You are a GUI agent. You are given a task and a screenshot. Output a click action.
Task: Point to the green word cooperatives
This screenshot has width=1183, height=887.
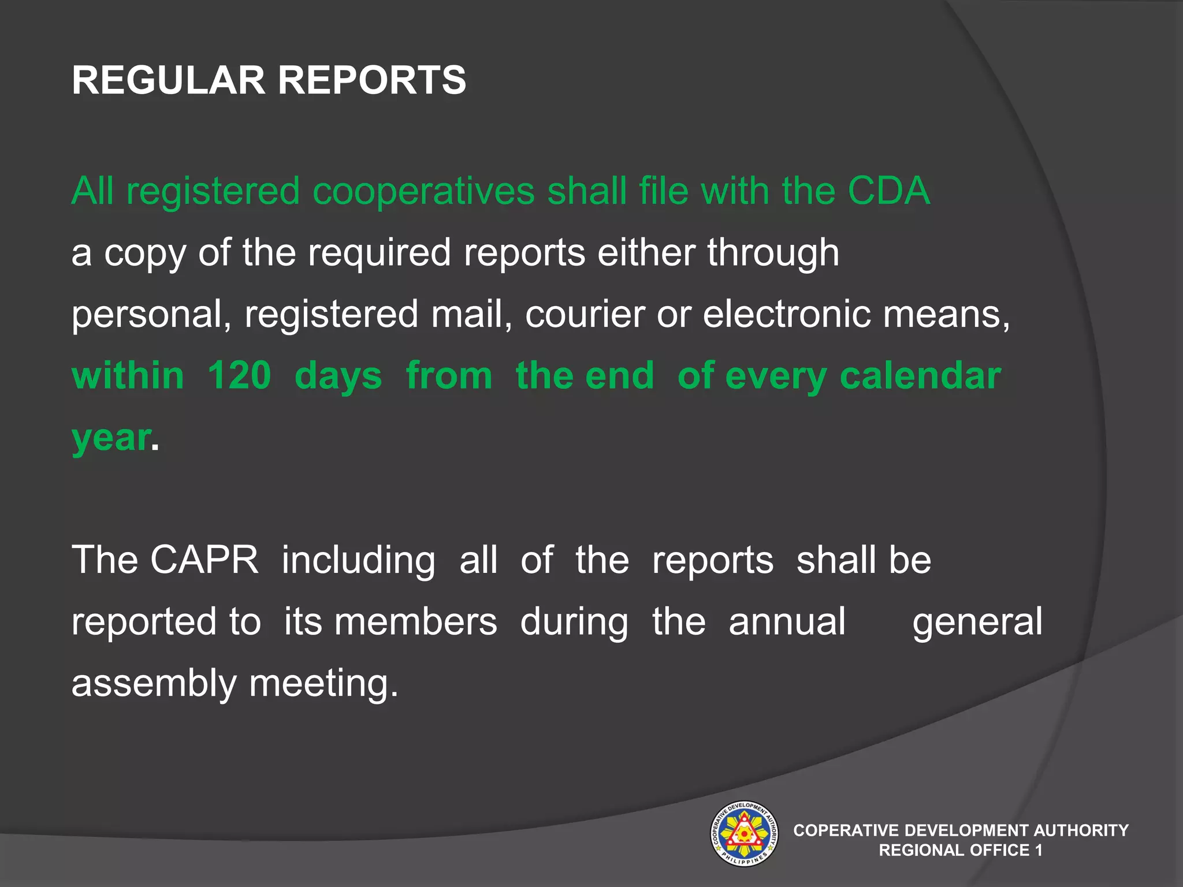pyautogui.click(x=423, y=192)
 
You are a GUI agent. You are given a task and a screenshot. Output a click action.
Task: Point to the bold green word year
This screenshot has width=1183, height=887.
pyautogui.click(x=111, y=438)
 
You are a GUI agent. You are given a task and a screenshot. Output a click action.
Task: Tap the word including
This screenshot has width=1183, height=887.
pyautogui.click(x=358, y=561)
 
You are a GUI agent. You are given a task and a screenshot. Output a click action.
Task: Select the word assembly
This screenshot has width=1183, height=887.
pyautogui.click(x=154, y=683)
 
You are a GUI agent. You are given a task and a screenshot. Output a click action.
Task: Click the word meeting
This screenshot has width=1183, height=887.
pyautogui.click(x=323, y=684)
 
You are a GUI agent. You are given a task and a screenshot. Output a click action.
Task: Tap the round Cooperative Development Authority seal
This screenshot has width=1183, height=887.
pyautogui.click(x=744, y=833)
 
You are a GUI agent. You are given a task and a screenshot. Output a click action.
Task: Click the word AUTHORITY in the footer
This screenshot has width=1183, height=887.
pyautogui.click(x=1081, y=830)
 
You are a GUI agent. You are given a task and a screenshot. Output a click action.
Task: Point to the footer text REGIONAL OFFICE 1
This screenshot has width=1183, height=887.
pyautogui.click(x=961, y=850)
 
